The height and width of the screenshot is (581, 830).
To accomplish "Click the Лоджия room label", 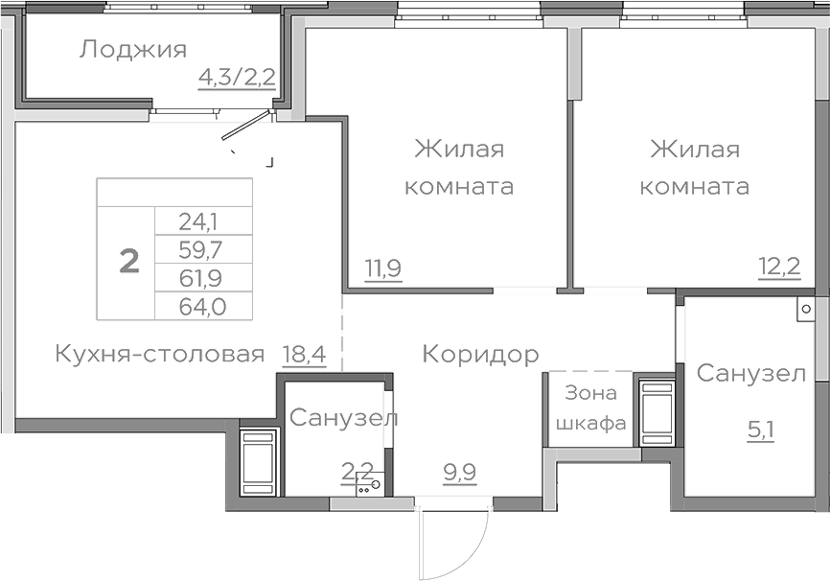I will pyautogui.click(x=132, y=49).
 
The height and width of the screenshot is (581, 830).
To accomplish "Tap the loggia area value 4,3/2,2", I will pyautogui.click(x=237, y=76).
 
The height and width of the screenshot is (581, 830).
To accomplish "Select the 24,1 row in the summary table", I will pyautogui.click(x=198, y=221).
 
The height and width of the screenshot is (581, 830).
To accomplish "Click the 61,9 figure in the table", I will pyautogui.click(x=198, y=279).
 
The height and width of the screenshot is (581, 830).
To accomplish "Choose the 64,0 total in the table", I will pyautogui.click(x=198, y=307).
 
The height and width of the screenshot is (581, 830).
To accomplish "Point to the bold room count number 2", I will pyautogui.click(x=128, y=260).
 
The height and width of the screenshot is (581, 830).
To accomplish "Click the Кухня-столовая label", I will pyautogui.click(x=159, y=355).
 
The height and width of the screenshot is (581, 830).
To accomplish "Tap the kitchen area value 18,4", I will pyautogui.click(x=305, y=355).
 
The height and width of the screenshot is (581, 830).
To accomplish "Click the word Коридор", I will pyautogui.click(x=480, y=355).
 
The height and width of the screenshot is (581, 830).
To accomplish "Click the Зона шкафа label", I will pyautogui.click(x=591, y=407).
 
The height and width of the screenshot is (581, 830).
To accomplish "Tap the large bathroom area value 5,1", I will pyautogui.click(x=761, y=428).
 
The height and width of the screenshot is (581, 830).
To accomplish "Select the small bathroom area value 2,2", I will pyautogui.click(x=357, y=470).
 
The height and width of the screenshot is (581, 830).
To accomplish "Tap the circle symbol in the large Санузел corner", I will pyautogui.click(x=807, y=310).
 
